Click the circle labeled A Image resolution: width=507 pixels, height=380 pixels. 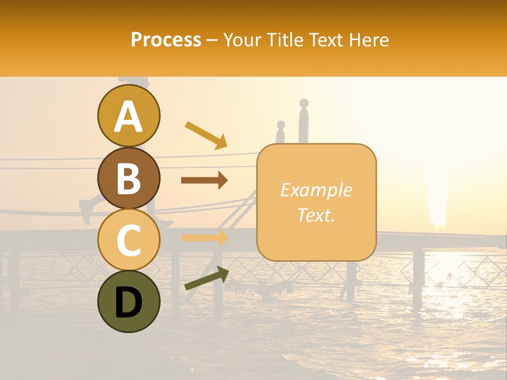pyautogui.click(x=128, y=116)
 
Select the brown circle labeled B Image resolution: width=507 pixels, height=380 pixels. pyautogui.click(x=128, y=178)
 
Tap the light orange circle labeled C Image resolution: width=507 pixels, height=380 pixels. pyautogui.click(x=128, y=240)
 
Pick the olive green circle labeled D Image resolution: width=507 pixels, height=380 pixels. pyautogui.click(x=128, y=301)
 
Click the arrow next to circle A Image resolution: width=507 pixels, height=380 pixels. pyautogui.click(x=205, y=135)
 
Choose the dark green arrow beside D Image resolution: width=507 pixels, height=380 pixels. pyautogui.click(x=206, y=278)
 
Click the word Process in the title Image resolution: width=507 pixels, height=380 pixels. pyautogui.click(x=166, y=40)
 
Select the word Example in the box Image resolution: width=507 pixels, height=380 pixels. pyautogui.click(x=316, y=190)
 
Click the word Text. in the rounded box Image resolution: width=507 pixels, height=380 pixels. pyautogui.click(x=316, y=214)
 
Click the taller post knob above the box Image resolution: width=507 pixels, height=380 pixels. pyautogui.click(x=303, y=103)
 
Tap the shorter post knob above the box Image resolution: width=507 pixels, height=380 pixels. pyautogui.click(x=281, y=126)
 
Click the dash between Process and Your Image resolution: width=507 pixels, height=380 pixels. pyautogui.click(x=212, y=40)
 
